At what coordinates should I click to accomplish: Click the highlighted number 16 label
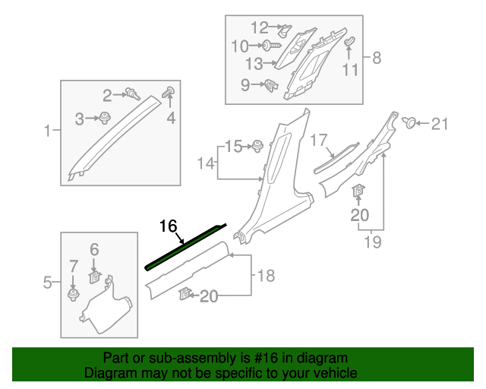168,226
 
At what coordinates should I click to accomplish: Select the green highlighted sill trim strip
186,247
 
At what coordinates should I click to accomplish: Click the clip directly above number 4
169,94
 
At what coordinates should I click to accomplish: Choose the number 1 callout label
47,131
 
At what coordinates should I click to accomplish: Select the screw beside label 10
269,46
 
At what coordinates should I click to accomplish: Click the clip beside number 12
283,30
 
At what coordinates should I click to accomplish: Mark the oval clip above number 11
350,41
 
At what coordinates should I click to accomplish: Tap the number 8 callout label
377,58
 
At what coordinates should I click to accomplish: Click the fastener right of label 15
257,146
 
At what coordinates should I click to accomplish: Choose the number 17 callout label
317,141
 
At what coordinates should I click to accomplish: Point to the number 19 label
371,244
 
